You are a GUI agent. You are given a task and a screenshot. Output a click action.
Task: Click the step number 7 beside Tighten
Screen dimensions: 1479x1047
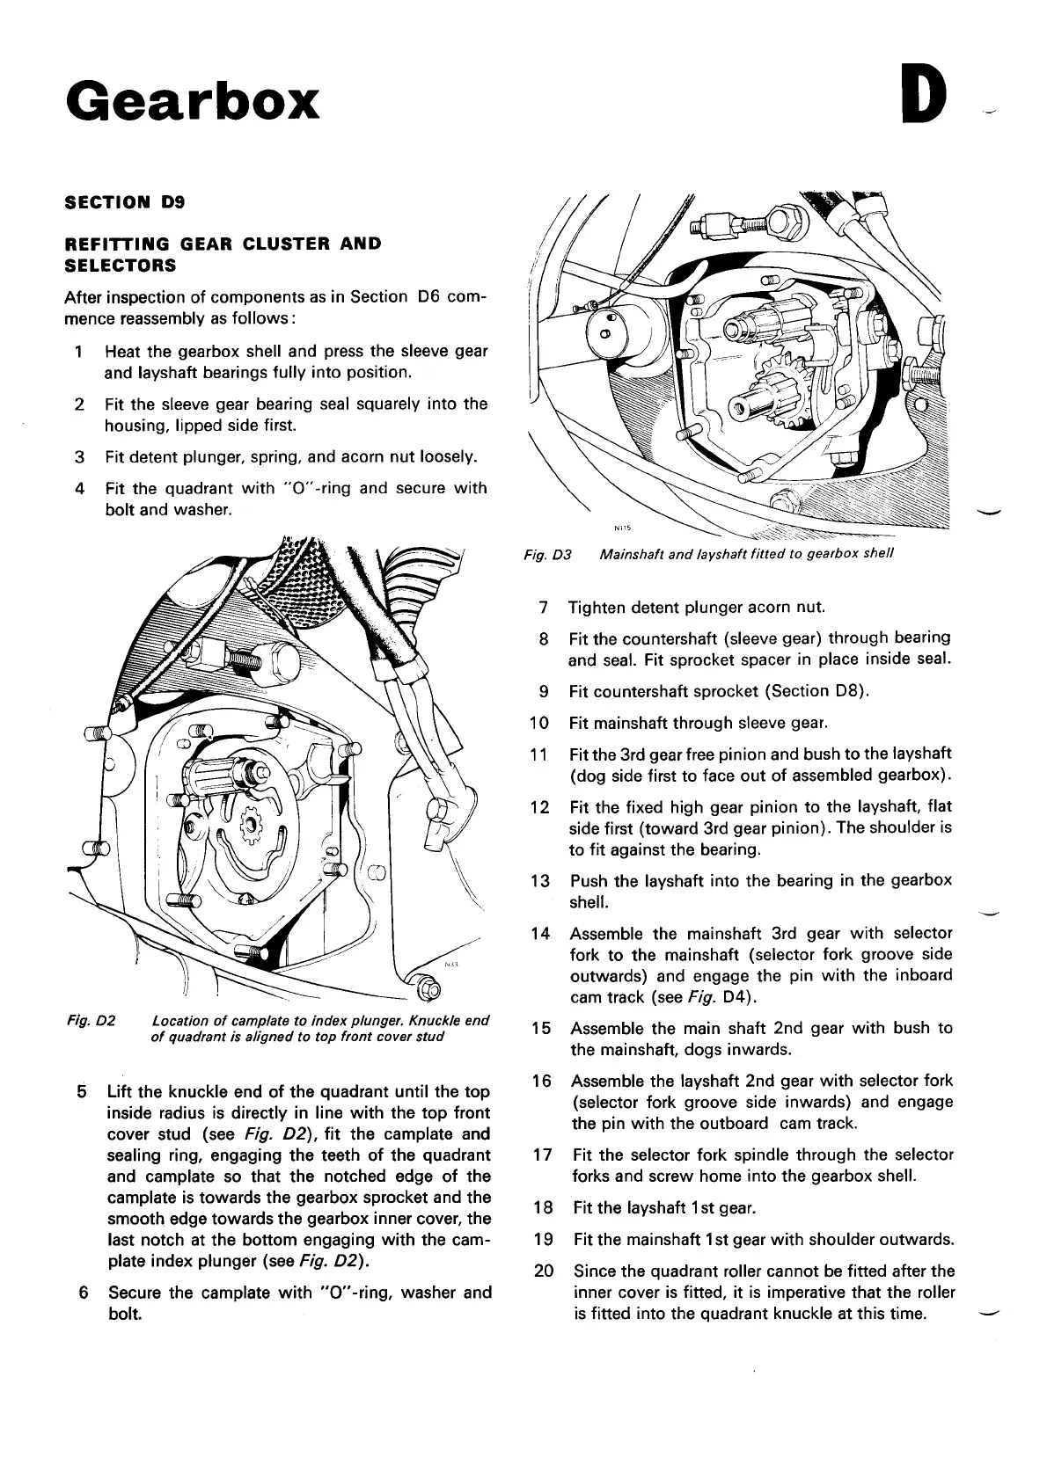pos(545,608)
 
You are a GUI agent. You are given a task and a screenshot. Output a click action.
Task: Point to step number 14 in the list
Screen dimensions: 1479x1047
pos(540,933)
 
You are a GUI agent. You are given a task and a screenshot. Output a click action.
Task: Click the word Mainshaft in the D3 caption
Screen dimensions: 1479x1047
pos(632,555)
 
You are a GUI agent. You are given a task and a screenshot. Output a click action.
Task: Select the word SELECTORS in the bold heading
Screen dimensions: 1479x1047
pos(121,265)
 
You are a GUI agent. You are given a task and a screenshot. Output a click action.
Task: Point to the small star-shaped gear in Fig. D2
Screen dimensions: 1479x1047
pos(251,823)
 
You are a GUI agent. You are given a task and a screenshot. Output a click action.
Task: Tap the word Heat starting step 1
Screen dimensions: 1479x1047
pos(122,352)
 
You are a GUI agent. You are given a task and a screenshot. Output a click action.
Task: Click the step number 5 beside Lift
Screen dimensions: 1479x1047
pos(81,1092)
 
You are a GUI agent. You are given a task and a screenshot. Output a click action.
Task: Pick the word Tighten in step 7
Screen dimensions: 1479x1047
pos(597,608)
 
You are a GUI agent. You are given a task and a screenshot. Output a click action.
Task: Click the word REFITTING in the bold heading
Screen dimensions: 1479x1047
pos(116,243)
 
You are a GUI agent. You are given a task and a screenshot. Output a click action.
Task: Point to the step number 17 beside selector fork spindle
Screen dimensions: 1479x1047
pos(542,1155)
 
